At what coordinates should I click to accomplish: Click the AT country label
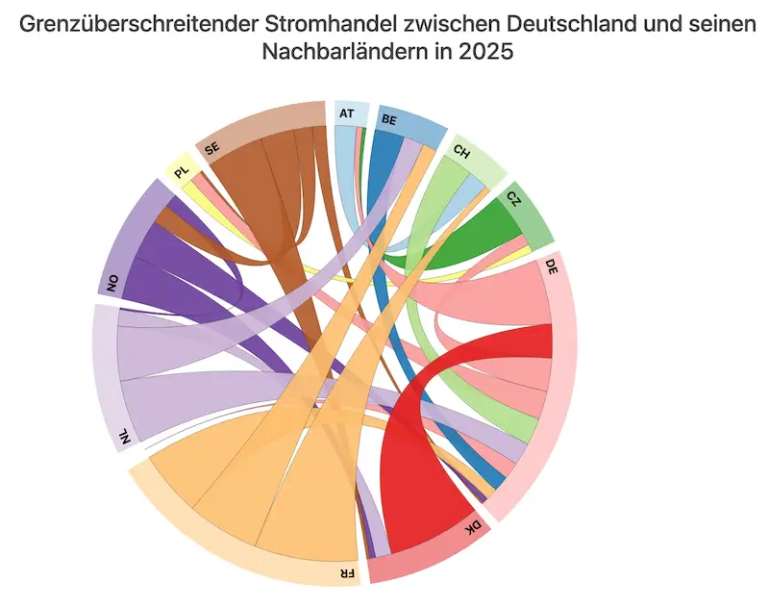(x=347, y=114)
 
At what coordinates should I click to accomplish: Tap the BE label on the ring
(x=389, y=120)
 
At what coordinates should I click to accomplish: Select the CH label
(x=462, y=151)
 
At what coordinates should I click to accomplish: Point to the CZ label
(x=514, y=198)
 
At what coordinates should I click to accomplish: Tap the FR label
(x=345, y=573)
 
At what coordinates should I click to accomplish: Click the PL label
(x=181, y=171)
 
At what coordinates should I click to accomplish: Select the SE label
(x=212, y=148)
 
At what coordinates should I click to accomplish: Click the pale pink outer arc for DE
(x=566, y=385)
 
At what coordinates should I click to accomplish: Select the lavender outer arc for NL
(x=103, y=375)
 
